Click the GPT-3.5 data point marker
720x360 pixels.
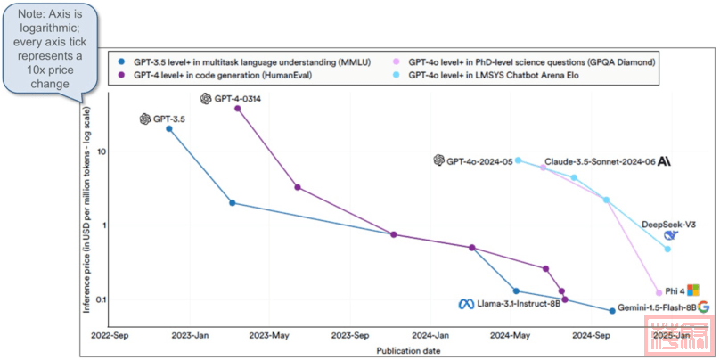coord(169,129)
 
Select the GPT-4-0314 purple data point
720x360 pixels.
coord(237,109)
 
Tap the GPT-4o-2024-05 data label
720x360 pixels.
coord(479,161)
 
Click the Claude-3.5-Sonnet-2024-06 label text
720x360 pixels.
coord(599,161)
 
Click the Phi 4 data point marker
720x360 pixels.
coord(659,292)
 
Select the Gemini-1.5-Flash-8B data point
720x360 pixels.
coord(612,310)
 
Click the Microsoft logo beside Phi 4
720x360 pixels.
coord(692,290)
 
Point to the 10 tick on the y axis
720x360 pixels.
coord(102,151)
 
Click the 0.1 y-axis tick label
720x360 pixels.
coord(100,299)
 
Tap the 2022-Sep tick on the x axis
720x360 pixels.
coord(110,336)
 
